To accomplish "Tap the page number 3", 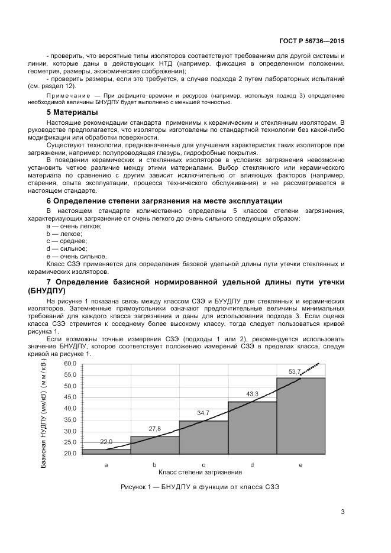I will (x=342, y=512).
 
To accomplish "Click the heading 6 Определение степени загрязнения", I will (x=156, y=201).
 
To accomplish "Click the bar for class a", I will (x=106, y=451).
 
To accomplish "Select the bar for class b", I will (x=154, y=445).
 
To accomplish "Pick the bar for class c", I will (x=203, y=437).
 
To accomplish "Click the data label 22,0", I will (x=106, y=442).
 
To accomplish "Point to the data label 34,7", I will (x=203, y=413).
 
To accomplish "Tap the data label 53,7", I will (x=295, y=371).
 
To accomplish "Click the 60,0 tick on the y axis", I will (x=70, y=363).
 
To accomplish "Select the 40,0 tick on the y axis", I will (x=70, y=408).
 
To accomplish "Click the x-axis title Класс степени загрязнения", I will (x=201, y=473).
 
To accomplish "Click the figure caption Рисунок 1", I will (x=199, y=487).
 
